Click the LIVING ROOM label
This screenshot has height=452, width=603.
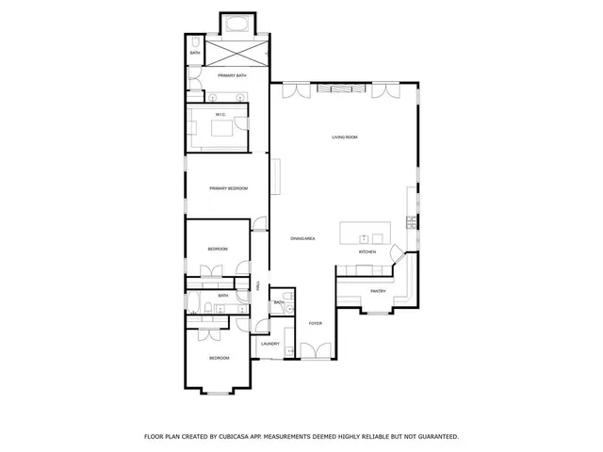[x=344, y=137]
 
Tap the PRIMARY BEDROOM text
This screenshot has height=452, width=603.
[x=228, y=188]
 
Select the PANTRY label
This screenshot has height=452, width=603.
[x=379, y=291]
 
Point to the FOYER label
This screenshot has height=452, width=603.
[x=315, y=324]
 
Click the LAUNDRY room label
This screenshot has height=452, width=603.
[x=270, y=344]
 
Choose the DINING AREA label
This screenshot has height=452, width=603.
[x=302, y=239]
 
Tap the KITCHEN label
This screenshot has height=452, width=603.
[x=367, y=252]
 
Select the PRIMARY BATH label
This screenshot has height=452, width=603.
[x=231, y=74]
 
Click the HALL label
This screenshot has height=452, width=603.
[x=257, y=285]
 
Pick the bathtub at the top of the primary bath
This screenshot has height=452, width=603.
[x=232, y=24]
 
